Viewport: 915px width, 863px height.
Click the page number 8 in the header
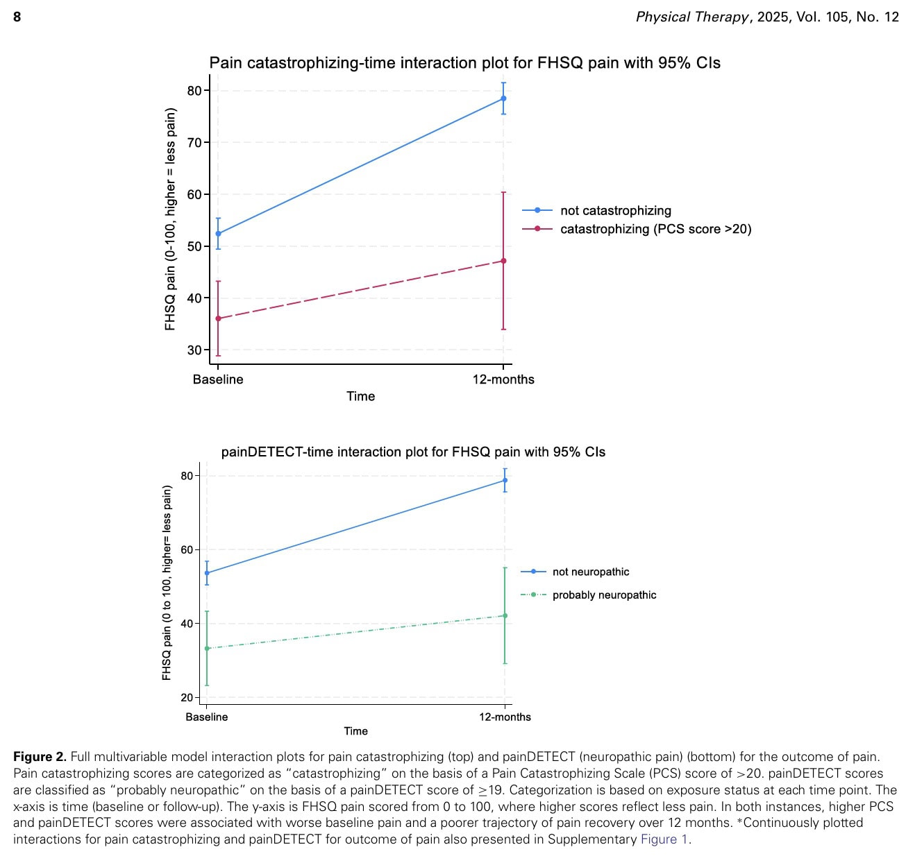tap(17, 17)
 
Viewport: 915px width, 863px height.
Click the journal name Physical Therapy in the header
tap(692, 17)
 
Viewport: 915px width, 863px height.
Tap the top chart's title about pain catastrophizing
tap(464, 63)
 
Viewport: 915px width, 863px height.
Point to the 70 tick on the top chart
tap(194, 143)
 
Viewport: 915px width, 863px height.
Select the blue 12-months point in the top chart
tap(503, 99)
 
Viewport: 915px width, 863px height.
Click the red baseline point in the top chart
tap(219, 318)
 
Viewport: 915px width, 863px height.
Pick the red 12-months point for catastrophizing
tap(503, 261)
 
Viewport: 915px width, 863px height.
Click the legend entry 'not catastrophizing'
tap(615, 210)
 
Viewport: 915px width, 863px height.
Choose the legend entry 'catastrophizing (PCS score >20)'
tap(655, 229)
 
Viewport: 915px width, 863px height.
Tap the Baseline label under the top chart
tap(218, 379)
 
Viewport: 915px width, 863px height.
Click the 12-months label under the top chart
tap(503, 379)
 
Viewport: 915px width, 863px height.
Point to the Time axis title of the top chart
tap(361, 396)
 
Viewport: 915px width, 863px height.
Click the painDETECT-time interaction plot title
tap(413, 452)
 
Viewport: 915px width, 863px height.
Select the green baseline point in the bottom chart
tap(207, 649)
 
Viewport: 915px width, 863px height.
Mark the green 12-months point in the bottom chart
tap(505, 615)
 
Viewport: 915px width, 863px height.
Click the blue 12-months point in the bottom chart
tap(505, 480)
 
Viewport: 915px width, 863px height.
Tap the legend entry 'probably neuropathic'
tap(604, 595)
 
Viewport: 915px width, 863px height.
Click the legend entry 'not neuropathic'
tap(591, 572)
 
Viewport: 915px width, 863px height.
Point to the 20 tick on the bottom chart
tap(187, 697)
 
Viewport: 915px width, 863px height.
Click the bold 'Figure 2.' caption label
tap(40, 757)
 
